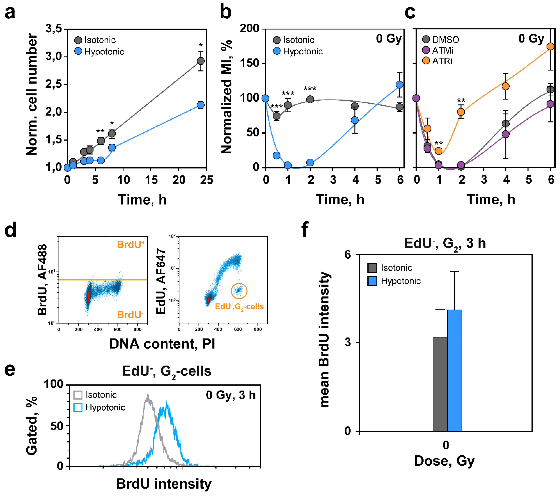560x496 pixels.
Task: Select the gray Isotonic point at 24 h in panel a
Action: click(x=200, y=61)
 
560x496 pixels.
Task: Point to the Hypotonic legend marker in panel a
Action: click(x=78, y=51)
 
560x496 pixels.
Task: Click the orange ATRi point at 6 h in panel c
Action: click(x=550, y=47)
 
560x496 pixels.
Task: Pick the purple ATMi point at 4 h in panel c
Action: click(x=505, y=134)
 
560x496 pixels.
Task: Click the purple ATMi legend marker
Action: click(x=426, y=50)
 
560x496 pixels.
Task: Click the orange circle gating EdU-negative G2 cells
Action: click(x=239, y=291)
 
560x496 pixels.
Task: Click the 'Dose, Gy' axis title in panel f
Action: click(x=444, y=461)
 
